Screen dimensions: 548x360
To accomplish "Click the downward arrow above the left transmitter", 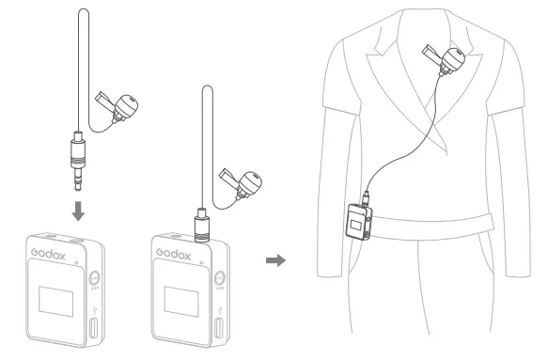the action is coord(78,209).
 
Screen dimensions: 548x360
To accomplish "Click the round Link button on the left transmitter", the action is coord(94,279).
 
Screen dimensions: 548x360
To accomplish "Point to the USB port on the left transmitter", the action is coord(94,332).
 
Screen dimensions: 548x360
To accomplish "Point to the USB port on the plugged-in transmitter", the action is coord(222,332).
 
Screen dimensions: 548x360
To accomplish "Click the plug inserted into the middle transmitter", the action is coord(200,225).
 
